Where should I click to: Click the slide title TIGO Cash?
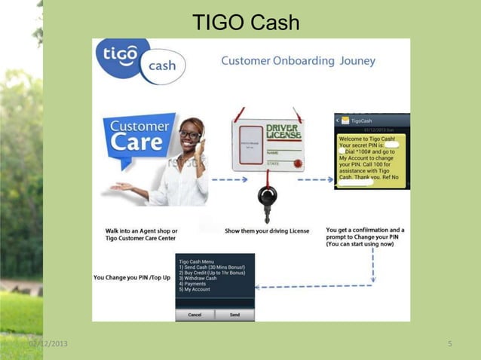click(x=246, y=23)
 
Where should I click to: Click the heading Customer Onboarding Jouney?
click(x=298, y=61)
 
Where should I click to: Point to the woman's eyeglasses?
click(x=191, y=136)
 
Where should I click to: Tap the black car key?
click(x=268, y=197)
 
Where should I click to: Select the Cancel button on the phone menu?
click(x=195, y=314)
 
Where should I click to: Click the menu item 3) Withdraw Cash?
click(x=199, y=278)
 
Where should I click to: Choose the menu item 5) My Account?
click(x=195, y=289)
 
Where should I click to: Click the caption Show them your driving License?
click(x=267, y=230)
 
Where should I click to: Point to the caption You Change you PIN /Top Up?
click(x=132, y=277)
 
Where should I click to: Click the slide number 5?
click(x=449, y=344)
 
